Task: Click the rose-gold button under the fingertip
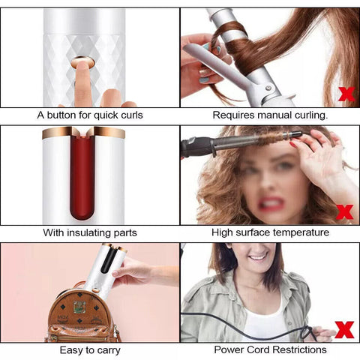(82, 62)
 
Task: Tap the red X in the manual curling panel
(346, 94)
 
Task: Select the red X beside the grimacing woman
(344, 211)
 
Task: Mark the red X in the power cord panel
(344, 329)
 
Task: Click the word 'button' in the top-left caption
(62, 115)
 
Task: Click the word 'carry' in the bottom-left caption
(109, 350)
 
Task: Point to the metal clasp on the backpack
(79, 307)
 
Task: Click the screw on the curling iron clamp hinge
(268, 88)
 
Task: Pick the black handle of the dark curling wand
(197, 147)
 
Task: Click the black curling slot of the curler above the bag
(108, 260)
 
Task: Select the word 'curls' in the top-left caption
(132, 115)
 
